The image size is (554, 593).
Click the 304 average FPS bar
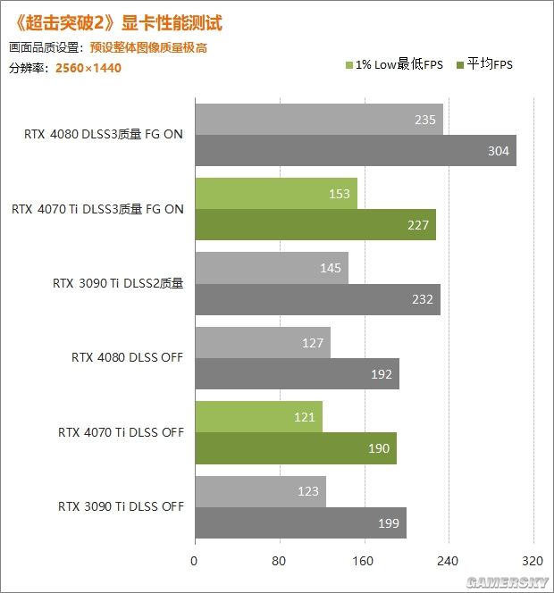355,151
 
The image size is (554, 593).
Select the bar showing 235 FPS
318,120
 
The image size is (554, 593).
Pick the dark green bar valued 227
315,225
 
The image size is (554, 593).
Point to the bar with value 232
317,299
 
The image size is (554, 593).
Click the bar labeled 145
271,268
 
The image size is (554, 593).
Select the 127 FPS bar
262,343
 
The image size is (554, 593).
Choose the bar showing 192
297,374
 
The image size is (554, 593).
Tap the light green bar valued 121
258,417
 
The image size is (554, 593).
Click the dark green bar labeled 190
295,448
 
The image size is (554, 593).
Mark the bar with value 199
300,522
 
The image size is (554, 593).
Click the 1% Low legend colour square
348,64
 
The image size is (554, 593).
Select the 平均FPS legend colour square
461,64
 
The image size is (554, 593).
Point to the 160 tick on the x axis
364,563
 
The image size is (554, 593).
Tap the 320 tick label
533,563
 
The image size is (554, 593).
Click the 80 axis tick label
279,563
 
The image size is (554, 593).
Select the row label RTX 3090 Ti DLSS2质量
118,284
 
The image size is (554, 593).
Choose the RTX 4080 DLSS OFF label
127,358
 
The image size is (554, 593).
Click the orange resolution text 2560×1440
88,67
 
